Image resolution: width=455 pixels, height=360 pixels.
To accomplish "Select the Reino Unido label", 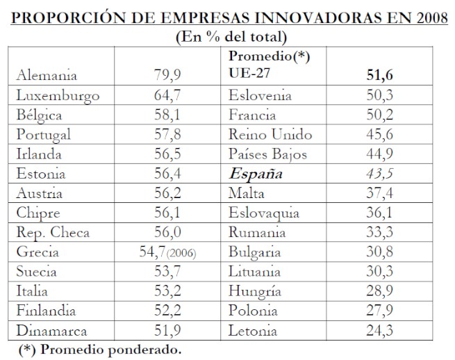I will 265,135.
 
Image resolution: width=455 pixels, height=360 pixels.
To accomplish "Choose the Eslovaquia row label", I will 264,213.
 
